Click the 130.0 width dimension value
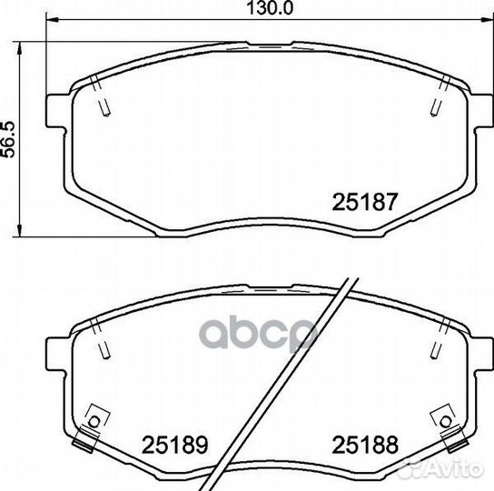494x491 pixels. pos(270,8)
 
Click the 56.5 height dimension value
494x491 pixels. pos(8,139)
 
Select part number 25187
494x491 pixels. pos(365,202)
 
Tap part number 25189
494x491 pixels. pos(175,445)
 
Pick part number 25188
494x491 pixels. pos(365,445)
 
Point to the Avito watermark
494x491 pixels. pos(440,468)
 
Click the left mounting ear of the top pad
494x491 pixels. pos(57,111)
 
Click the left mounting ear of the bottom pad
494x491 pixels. pos(57,354)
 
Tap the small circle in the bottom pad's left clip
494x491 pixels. pos(94,422)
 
